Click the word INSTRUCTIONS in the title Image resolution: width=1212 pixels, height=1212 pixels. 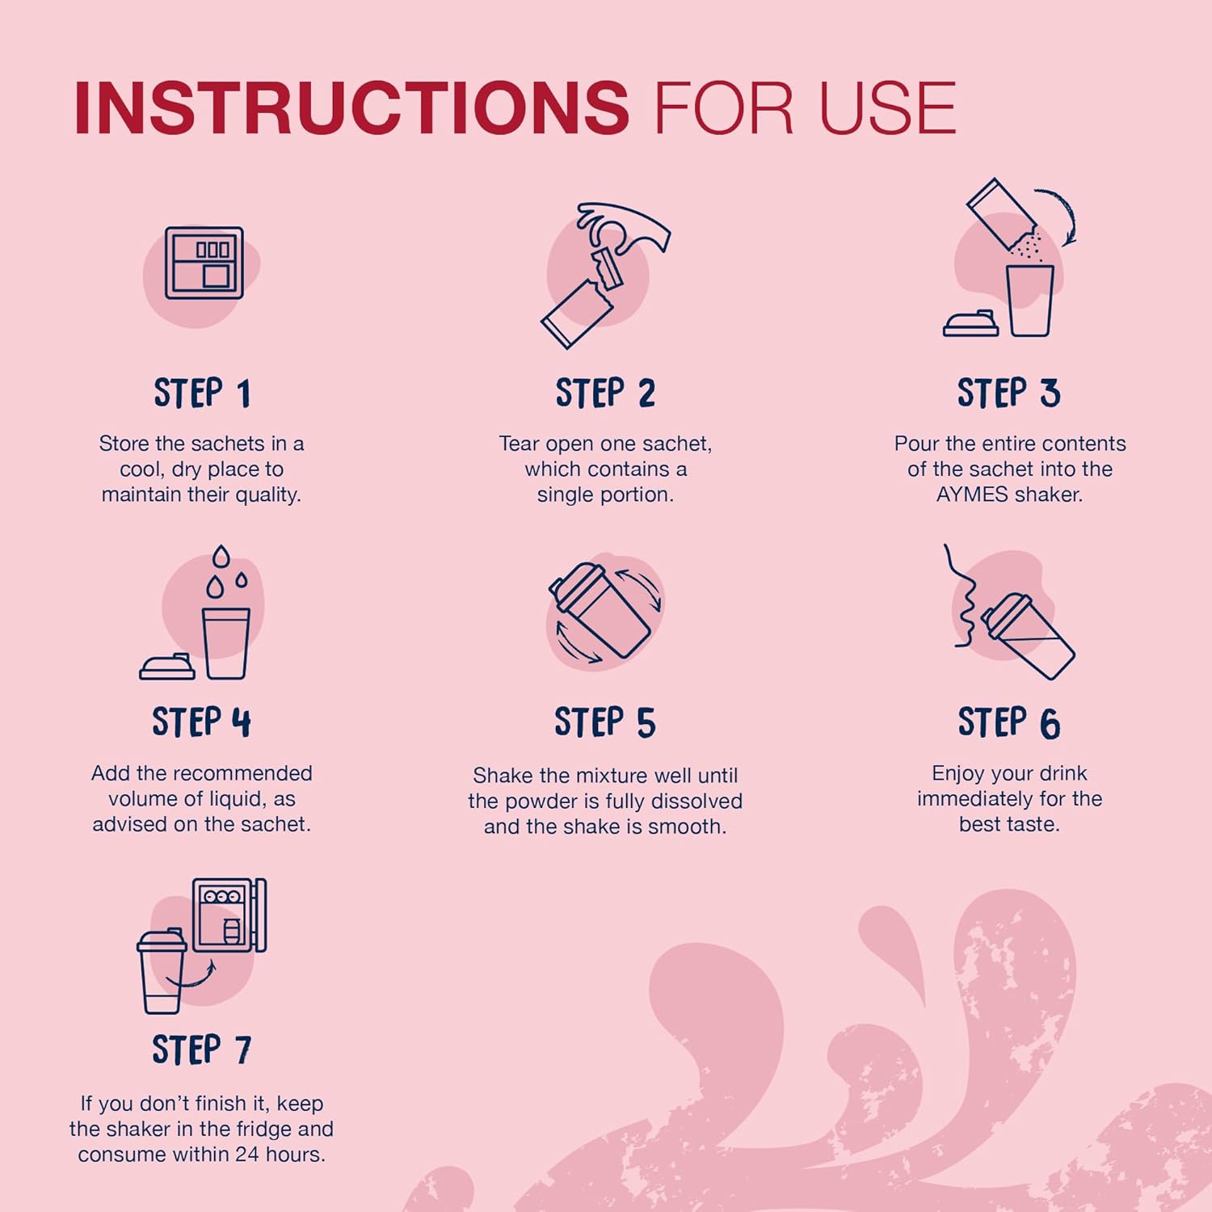351,107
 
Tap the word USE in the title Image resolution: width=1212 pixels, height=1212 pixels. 888,107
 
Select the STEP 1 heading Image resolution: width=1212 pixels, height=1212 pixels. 202,393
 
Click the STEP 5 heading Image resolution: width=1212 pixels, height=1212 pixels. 605,722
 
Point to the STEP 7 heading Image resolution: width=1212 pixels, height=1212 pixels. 202,1050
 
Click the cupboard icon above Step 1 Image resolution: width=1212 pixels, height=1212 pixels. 204,263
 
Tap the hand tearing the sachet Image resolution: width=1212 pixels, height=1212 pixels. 624,227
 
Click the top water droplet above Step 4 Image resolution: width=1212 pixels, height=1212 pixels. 221,557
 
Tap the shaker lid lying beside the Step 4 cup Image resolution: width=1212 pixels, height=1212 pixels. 167,667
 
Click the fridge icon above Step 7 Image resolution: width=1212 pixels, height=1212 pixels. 229,915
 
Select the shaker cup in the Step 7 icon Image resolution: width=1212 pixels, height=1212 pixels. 162,972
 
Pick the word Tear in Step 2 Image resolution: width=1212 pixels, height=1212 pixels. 519,444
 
